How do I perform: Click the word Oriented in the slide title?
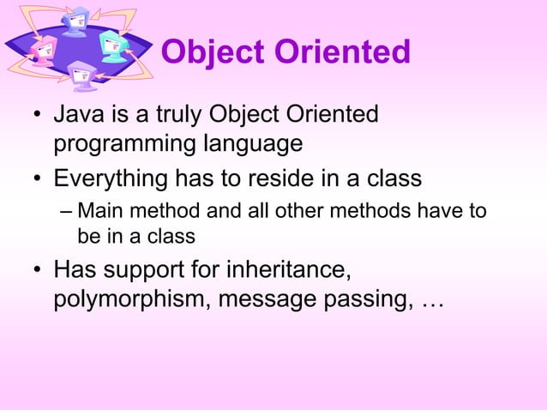(342, 53)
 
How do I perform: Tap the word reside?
(289, 179)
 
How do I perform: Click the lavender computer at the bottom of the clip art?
(84, 75)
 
